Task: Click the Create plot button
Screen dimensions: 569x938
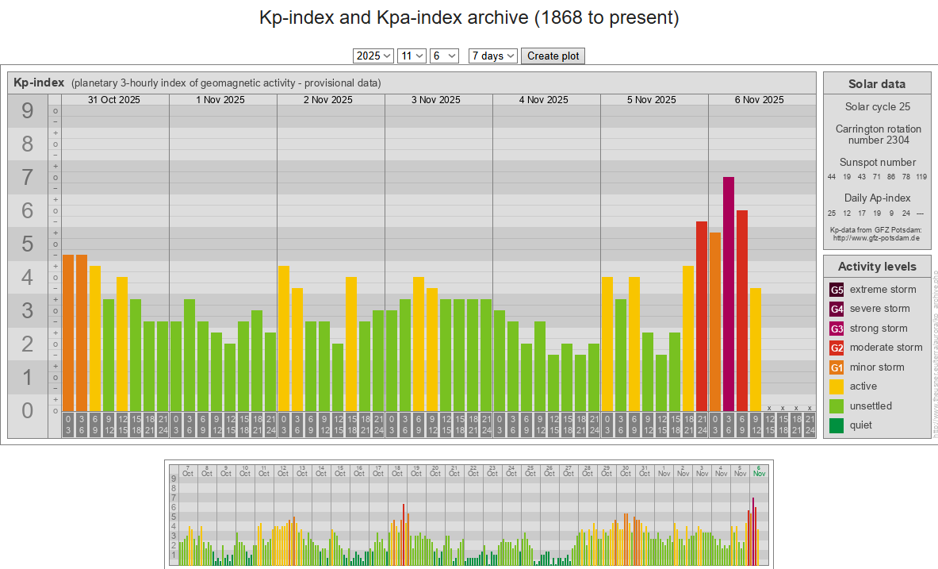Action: coord(553,56)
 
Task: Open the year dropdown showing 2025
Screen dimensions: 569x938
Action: coord(373,56)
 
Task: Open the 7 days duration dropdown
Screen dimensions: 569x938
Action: coord(492,56)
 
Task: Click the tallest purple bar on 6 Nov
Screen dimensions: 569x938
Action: coord(729,294)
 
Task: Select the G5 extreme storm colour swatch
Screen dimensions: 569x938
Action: coord(837,290)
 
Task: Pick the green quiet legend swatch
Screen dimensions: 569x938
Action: coord(837,425)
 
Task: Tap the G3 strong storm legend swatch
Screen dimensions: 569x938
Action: coord(837,329)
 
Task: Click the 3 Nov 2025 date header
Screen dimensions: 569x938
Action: coord(435,100)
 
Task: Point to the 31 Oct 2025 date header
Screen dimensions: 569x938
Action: coord(114,100)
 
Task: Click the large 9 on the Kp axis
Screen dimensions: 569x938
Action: coord(28,111)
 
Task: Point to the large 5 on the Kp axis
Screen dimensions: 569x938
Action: coord(28,244)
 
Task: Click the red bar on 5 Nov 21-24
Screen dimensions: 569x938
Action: coord(702,317)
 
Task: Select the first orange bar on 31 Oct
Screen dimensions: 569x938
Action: coord(68,333)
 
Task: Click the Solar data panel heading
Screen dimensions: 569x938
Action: coord(876,84)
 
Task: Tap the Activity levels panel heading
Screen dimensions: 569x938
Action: coord(876,267)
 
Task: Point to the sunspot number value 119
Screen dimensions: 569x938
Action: coord(921,177)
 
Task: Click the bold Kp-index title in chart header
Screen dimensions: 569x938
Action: coord(39,83)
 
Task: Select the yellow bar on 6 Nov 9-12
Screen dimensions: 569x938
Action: coord(756,349)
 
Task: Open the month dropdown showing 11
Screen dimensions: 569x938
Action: coord(411,56)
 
